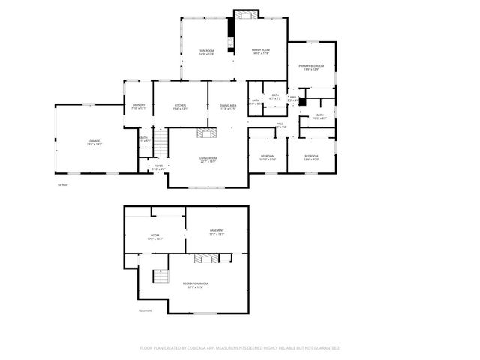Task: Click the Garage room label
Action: coord(94,142)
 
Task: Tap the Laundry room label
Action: coord(138,106)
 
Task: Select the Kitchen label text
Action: coord(180,106)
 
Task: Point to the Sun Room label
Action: coord(206,52)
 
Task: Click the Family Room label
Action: coord(260,52)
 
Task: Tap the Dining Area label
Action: coord(228,106)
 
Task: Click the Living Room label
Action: coord(208,159)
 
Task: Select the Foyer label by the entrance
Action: coord(157,167)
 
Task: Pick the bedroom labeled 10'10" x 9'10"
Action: coord(267,157)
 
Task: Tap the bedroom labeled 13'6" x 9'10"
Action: coord(311,157)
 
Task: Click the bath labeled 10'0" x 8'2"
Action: coord(319,116)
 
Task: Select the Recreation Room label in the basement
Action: coord(193,284)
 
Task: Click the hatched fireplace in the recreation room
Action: coord(205,259)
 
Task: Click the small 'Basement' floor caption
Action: coord(145,310)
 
